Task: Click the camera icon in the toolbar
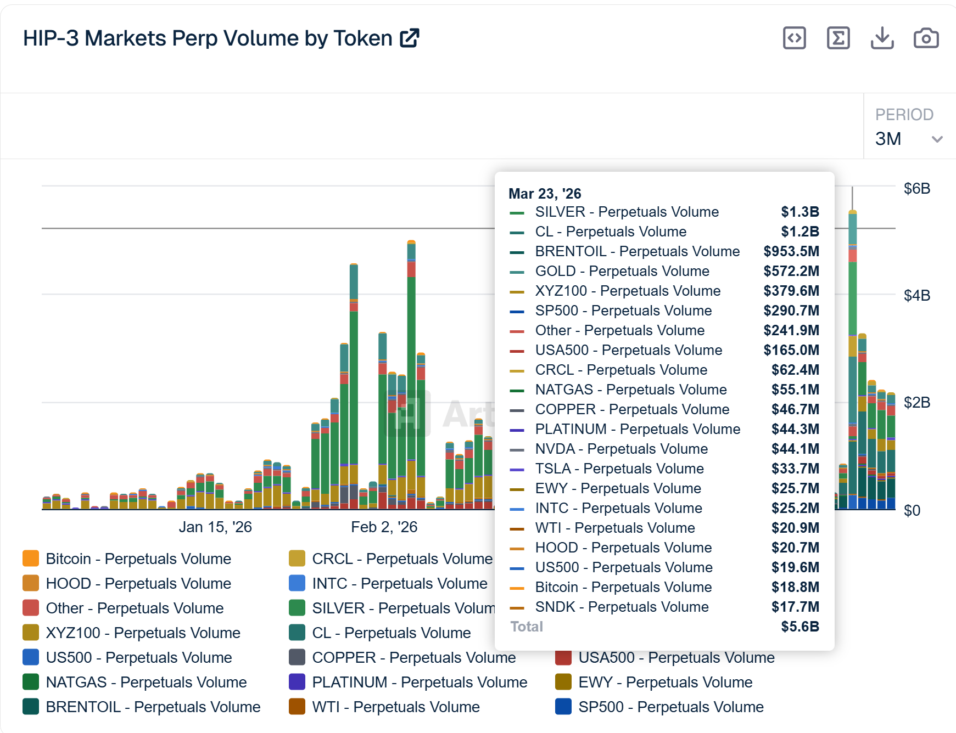click(x=926, y=38)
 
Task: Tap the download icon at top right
click(x=882, y=38)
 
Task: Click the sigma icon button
click(x=838, y=38)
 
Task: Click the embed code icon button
click(x=794, y=38)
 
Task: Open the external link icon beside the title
click(x=410, y=38)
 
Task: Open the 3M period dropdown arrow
click(x=937, y=139)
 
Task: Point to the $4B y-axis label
click(x=916, y=296)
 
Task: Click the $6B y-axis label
click(x=916, y=189)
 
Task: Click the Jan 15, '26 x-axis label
click(x=215, y=527)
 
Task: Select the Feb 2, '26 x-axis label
click(x=384, y=527)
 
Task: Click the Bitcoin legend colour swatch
click(x=31, y=559)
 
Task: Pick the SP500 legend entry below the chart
click(x=670, y=707)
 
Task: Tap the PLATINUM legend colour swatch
click(x=297, y=682)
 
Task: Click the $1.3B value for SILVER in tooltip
click(x=800, y=212)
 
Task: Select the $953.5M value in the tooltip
click(x=791, y=251)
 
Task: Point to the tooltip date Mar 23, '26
click(x=544, y=194)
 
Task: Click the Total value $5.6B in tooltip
click(x=800, y=627)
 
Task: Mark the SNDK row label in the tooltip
click(x=622, y=607)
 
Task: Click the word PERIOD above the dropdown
click(x=904, y=115)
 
